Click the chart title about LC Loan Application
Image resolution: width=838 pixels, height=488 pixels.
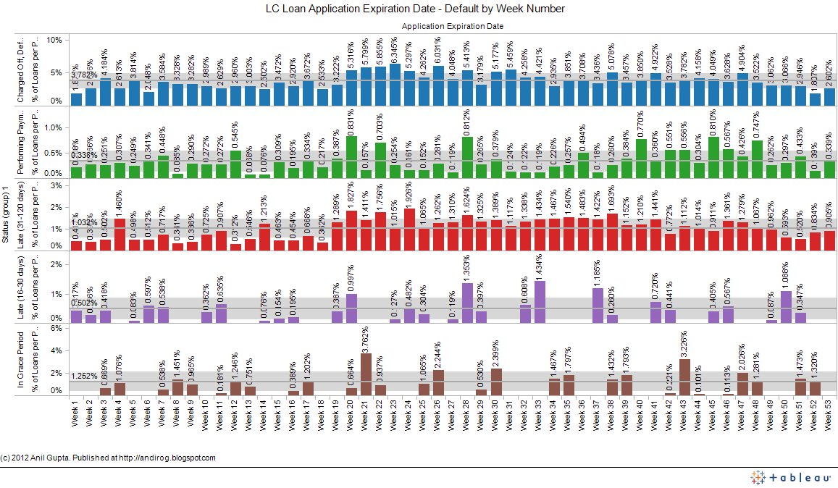[x=415, y=9]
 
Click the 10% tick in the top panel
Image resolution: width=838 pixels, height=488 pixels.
[x=54, y=40]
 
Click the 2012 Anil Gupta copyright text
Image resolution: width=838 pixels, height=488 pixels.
[x=108, y=458]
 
